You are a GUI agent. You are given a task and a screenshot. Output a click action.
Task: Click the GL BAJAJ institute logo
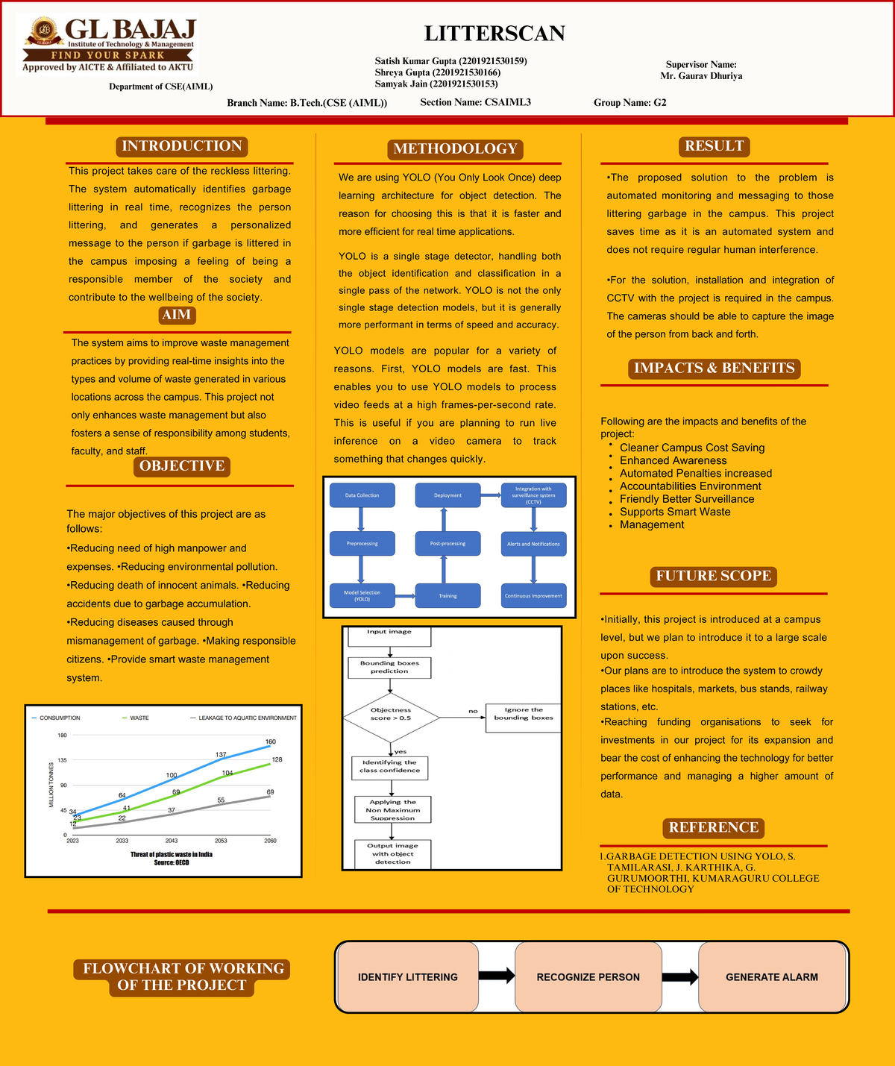[x=110, y=45]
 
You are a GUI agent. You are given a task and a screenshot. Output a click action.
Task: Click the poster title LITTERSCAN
[x=494, y=34]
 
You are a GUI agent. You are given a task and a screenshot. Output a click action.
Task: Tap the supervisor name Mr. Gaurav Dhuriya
[x=701, y=76]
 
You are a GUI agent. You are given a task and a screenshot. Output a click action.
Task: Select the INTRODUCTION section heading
[x=182, y=146]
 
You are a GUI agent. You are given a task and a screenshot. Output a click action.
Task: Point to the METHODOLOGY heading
[x=455, y=149]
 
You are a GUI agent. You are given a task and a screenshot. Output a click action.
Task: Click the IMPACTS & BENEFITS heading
[x=714, y=369]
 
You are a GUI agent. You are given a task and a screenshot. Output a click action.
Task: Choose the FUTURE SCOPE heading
[x=713, y=576]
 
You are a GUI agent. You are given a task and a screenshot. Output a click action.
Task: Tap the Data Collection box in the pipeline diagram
[x=362, y=495]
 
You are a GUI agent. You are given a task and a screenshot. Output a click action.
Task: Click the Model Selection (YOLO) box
[x=362, y=595]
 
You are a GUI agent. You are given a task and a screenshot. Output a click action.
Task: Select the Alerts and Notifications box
[x=533, y=544]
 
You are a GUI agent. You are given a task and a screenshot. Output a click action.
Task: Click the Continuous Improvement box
[x=533, y=595]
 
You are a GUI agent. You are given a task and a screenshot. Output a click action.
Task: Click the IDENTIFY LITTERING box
[x=407, y=977]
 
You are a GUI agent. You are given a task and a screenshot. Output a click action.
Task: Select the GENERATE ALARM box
[x=772, y=977]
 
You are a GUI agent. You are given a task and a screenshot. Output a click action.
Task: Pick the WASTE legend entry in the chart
[x=139, y=718]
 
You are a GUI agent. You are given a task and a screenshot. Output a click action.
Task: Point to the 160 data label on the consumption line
[x=270, y=742]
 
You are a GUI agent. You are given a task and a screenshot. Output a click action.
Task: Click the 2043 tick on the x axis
[x=172, y=841]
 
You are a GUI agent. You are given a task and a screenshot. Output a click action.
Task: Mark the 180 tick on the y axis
[x=63, y=736]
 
